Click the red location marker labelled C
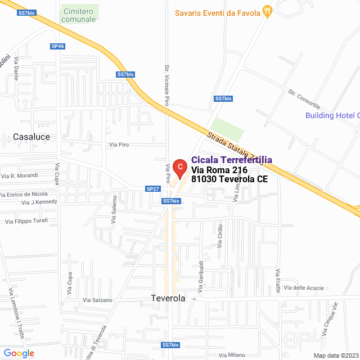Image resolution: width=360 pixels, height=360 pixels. click(179, 167)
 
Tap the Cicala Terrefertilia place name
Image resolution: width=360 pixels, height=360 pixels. click(232, 160)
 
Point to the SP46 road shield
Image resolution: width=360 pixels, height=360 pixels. click(57, 47)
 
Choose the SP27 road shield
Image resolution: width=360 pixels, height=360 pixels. click(152, 189)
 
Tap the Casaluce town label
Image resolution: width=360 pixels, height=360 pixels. click(31, 137)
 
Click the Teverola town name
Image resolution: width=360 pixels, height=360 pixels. click(168, 298)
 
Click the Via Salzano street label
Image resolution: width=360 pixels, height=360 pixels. click(97, 300)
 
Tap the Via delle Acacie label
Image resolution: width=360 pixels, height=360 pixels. click(304, 288)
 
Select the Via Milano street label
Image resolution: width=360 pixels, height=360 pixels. click(232, 354)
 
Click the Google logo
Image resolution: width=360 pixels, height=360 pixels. click(19, 353)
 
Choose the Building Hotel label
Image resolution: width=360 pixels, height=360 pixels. click(331, 116)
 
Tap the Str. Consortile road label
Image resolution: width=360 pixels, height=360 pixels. click(303, 99)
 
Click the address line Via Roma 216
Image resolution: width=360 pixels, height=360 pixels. click(219, 170)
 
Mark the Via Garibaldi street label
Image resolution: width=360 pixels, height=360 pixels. click(200, 277)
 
